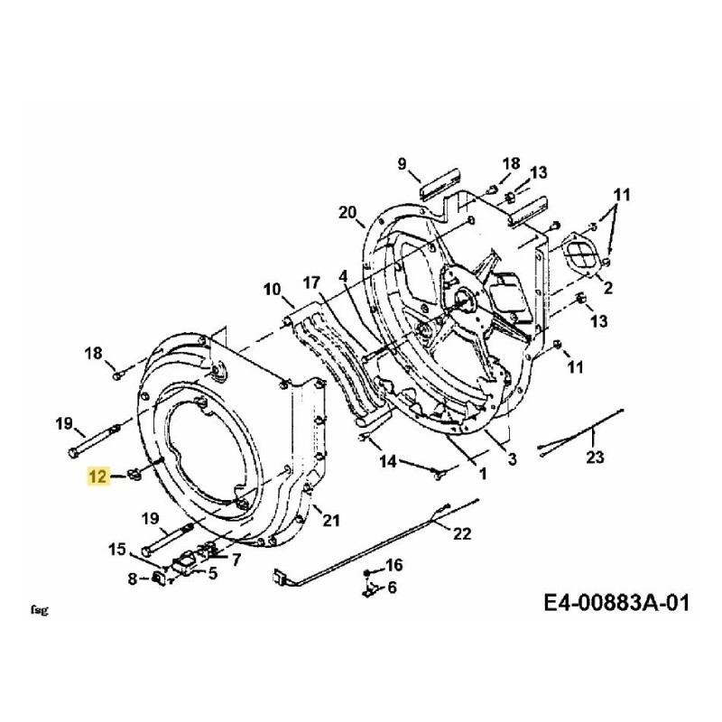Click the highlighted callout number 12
pyautogui.click(x=98, y=476)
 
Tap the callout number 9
pyautogui.click(x=403, y=163)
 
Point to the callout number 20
pyautogui.click(x=347, y=213)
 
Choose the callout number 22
pyautogui.click(x=461, y=533)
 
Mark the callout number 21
pyautogui.click(x=331, y=518)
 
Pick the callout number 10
pyautogui.click(x=273, y=290)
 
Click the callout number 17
pyautogui.click(x=312, y=282)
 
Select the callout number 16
pyautogui.click(x=393, y=566)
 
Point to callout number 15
pyautogui.click(x=118, y=550)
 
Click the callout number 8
pyautogui.click(x=133, y=579)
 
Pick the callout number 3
pyautogui.click(x=512, y=460)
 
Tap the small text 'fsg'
pyautogui.click(x=38, y=610)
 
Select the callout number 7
pyautogui.click(x=236, y=560)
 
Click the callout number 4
pyautogui.click(x=343, y=275)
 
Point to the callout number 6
pyautogui.click(x=392, y=588)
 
